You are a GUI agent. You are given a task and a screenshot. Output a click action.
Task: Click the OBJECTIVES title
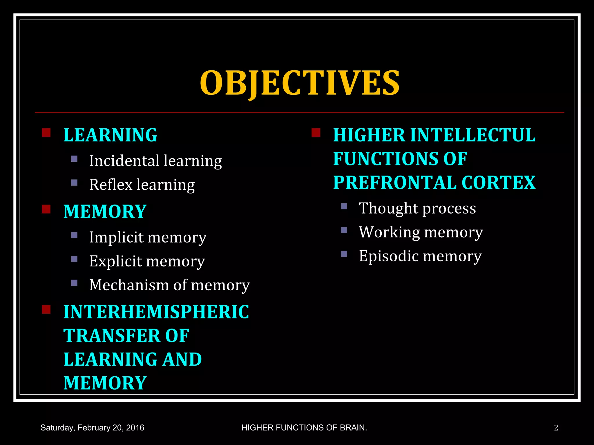pos(300,83)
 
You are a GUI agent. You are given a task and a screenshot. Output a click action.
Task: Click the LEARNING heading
pos(110,135)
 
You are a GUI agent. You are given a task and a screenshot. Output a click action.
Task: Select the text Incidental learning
pos(155,161)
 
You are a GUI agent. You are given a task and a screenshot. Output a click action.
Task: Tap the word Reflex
pos(111,185)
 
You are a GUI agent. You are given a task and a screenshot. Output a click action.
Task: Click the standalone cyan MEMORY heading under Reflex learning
pos(105,211)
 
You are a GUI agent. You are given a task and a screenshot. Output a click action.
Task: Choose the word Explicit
pos(115,261)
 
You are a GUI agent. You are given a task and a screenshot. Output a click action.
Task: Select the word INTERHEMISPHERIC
pos(156,312)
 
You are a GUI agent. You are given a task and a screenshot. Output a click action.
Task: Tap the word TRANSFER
pos(112,336)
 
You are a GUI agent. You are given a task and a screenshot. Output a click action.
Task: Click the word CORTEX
pos(498,183)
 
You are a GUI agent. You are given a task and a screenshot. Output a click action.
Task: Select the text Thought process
pos(417,208)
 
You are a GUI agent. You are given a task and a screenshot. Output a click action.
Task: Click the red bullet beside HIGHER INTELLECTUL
pos(316,133)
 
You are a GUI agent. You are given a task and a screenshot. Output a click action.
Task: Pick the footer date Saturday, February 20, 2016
pos(92,428)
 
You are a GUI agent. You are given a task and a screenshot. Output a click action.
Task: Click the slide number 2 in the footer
pos(556,428)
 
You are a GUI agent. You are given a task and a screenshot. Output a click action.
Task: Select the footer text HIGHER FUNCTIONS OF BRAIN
pos(304,428)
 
